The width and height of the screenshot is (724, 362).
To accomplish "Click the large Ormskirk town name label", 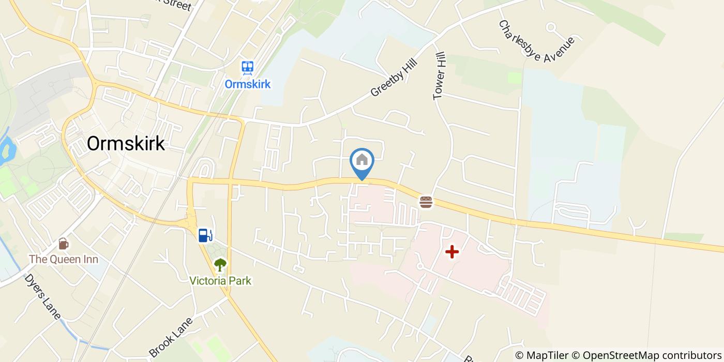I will coord(126,143).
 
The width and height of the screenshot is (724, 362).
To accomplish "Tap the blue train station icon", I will coord(247,68).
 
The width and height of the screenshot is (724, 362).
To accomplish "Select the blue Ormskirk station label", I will coord(247,84).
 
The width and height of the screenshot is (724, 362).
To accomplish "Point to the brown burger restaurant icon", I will coord(426,202).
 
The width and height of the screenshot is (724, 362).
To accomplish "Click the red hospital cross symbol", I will coord(452,252).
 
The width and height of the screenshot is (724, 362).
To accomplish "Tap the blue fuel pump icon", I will coord(205,235).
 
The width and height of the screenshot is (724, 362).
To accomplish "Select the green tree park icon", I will coord(220,265).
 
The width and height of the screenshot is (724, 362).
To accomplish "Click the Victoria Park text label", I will coord(220,281).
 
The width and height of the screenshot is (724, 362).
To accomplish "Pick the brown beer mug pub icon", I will coord(63,243).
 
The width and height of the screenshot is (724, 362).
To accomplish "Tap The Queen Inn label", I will coord(63,259).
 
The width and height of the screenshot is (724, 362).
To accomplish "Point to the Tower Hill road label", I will coord(439,76).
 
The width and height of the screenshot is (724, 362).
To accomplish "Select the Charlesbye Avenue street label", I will coord(536,42).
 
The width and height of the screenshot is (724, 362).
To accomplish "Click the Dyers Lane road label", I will coord(42,297).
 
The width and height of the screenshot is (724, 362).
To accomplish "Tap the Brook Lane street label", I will coord(171,337).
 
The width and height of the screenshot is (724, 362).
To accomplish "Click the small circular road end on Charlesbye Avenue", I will coord(551,26).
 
